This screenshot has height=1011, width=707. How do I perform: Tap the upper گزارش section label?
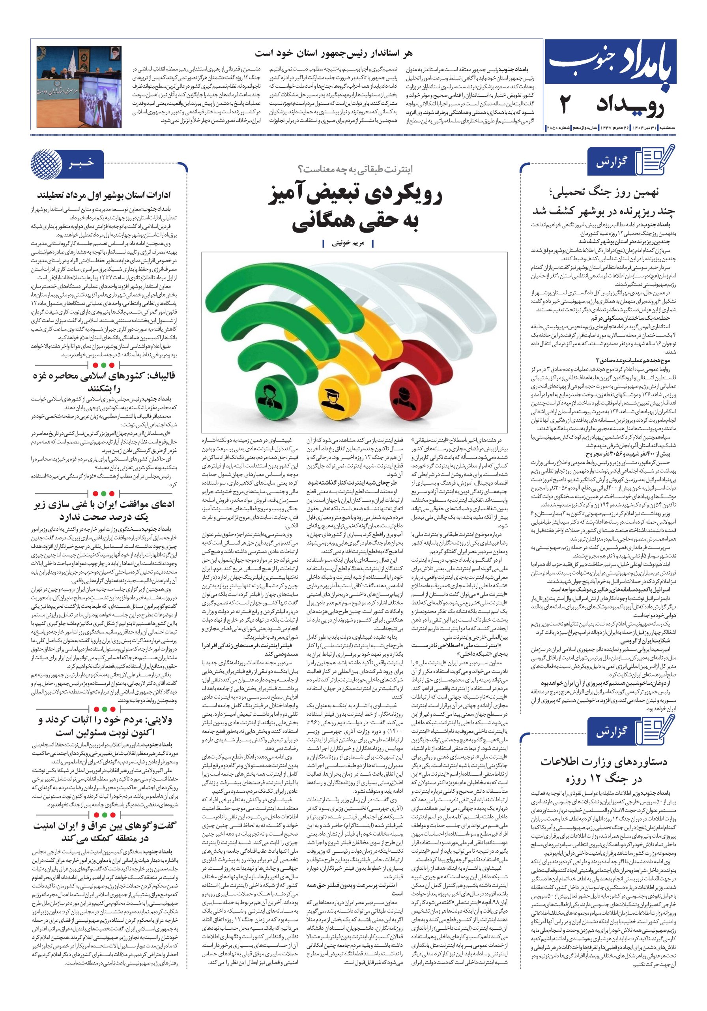coord(611,162)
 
